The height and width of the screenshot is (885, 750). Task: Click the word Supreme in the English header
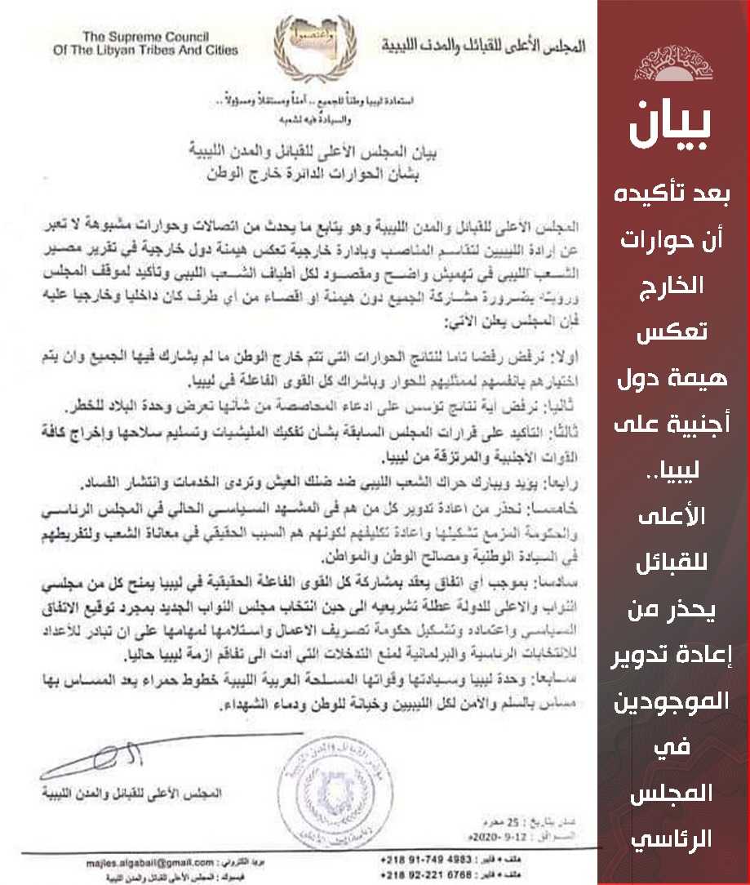coord(157,36)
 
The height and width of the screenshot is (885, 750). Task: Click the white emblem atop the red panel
coord(673,61)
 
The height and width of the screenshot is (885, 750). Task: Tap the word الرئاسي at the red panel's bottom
coord(674,838)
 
